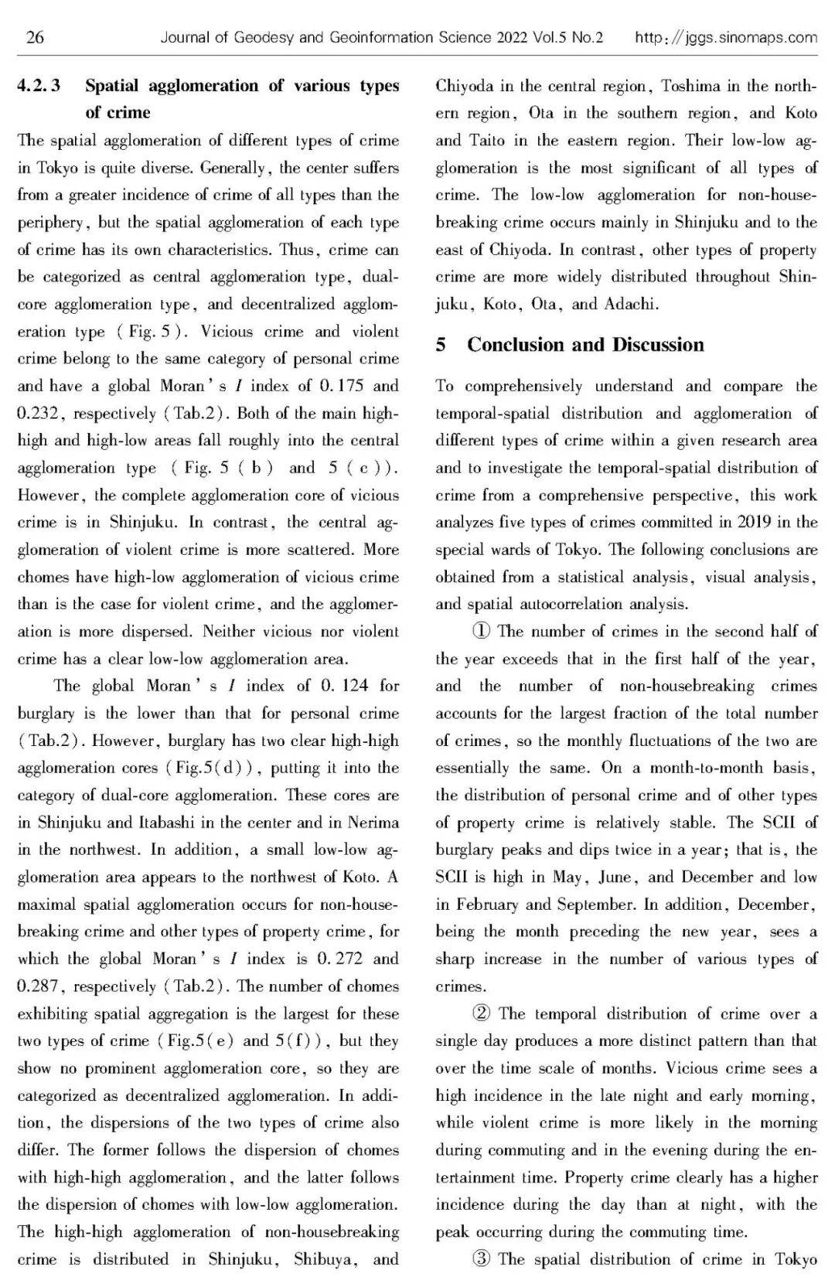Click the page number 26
click(x=35, y=37)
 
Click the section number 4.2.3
click(x=39, y=86)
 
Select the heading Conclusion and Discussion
click(x=585, y=345)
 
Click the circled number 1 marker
click(x=482, y=632)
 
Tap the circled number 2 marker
click(x=482, y=1013)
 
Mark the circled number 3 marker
click(x=482, y=1259)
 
